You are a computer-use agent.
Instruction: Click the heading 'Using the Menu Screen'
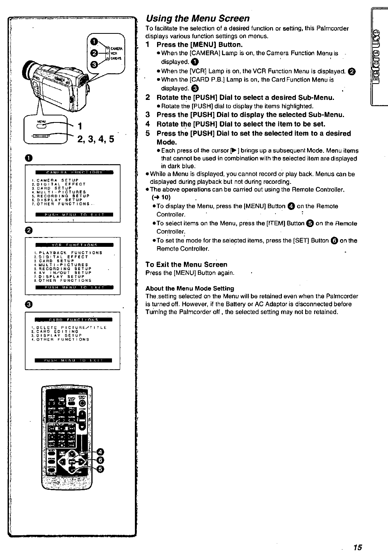[197, 18]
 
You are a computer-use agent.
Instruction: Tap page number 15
[358, 547]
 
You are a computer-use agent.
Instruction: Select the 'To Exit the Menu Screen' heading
[186, 264]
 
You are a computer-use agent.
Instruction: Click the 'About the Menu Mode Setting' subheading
[190, 288]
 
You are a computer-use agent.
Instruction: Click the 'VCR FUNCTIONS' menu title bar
[74, 245]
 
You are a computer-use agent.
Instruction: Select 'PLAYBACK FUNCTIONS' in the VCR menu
[70, 253]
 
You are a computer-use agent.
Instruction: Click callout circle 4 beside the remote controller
[100, 451]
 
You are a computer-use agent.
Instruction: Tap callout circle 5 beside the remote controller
[100, 469]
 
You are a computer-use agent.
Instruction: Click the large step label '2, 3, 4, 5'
[96, 139]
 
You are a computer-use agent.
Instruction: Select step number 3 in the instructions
[148, 115]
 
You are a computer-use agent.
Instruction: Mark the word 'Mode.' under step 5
[166, 142]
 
